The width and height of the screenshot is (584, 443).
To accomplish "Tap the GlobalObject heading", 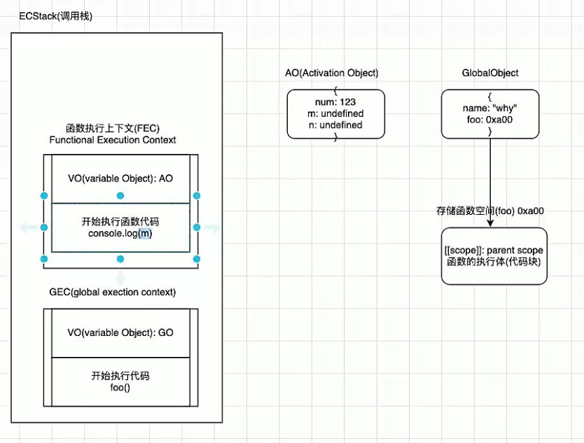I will pos(490,73).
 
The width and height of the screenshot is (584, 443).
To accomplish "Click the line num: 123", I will pos(335,101).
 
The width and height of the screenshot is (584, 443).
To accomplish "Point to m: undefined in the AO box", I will pos(335,113).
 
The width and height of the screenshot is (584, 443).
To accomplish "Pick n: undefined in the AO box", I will pos(335,125).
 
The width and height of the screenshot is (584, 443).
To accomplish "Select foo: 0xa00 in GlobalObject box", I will pos(490,119).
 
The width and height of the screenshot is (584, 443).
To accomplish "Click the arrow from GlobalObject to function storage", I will pos(490,182).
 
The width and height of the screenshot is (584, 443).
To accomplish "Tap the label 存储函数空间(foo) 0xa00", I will pos(490,211).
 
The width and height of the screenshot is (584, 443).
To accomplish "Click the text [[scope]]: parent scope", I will pos(494,250).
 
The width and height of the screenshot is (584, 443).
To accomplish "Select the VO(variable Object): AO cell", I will pos(120,178).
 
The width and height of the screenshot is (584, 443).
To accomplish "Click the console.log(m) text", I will pos(120,233).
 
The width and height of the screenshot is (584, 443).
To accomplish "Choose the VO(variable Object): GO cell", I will pos(120,332).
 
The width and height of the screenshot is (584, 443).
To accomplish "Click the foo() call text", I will pos(120,387).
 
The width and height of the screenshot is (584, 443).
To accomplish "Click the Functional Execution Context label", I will pos(113,140).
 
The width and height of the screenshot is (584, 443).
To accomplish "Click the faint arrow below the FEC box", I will pos(120,275).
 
